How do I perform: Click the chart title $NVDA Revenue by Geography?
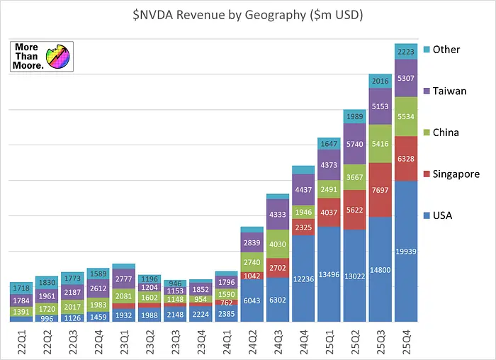247,15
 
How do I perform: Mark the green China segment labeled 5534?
405,116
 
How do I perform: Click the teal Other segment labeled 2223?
405,51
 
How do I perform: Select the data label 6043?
252,300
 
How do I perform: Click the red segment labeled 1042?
252,276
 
